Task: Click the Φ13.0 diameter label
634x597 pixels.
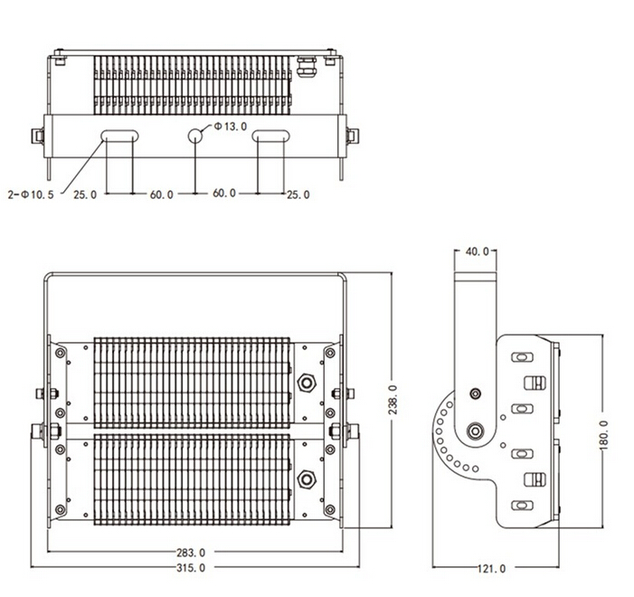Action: tap(230, 127)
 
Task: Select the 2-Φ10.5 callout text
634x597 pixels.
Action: tap(31, 194)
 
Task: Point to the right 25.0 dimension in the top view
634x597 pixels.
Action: tap(298, 194)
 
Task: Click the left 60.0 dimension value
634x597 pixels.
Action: tap(163, 194)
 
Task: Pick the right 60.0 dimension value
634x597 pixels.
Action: tap(224, 194)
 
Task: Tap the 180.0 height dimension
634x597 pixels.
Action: tap(603, 434)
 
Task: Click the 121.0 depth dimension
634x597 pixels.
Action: tap(491, 568)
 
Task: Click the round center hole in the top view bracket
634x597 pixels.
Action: tap(195, 136)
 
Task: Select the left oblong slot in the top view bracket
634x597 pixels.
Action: tap(119, 136)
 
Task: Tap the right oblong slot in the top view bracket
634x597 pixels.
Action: tap(270, 136)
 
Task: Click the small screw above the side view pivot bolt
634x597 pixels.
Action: tap(474, 393)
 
